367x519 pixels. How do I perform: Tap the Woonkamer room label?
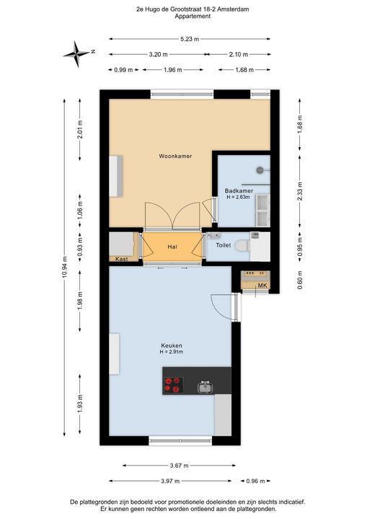click(175, 156)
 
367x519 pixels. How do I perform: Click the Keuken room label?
click(172, 346)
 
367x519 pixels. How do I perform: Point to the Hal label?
click(172, 247)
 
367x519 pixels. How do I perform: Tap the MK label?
click(262, 286)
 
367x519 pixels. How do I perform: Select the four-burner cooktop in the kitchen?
click(173, 384)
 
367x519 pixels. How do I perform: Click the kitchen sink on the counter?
click(205, 387)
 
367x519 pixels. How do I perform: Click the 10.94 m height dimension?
click(65, 267)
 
